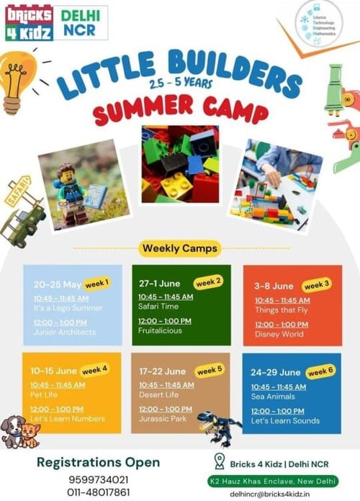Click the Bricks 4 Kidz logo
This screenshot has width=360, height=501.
pyautogui.click(x=29, y=22)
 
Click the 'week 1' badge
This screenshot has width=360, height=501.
pyautogui.click(x=96, y=282)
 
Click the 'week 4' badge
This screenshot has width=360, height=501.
pyautogui.click(x=94, y=371)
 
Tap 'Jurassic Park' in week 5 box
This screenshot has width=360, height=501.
pyautogui.click(x=164, y=418)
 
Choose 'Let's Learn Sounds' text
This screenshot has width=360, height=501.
pyautogui.click(x=285, y=420)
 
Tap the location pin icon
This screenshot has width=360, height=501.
pyautogui.click(x=219, y=461)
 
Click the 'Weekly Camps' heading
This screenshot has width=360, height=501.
pyautogui.click(x=179, y=248)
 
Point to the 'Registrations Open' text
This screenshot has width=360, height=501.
pyautogui.click(x=98, y=462)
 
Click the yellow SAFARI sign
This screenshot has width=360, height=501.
pyautogui.click(x=18, y=191)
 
